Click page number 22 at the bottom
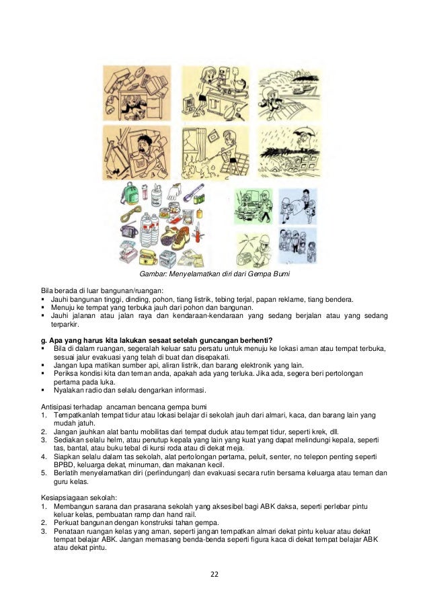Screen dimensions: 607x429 coord(214,574)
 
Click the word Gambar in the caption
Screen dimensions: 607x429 coord(152,275)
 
